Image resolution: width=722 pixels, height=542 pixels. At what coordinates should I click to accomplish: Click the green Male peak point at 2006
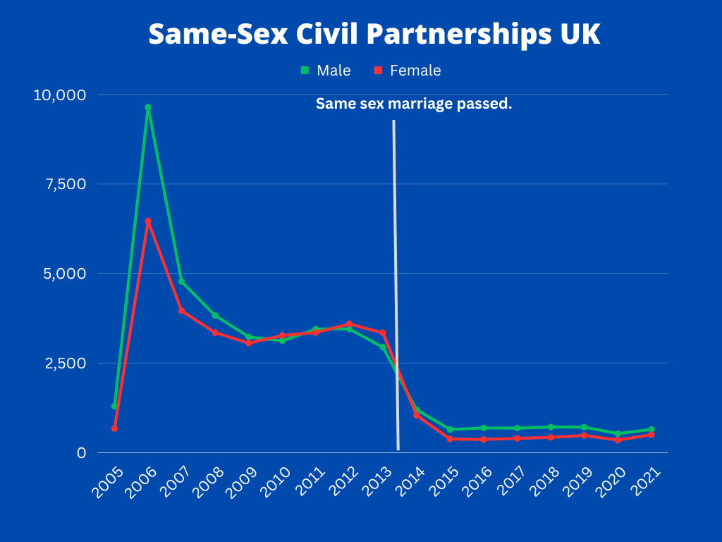(x=148, y=107)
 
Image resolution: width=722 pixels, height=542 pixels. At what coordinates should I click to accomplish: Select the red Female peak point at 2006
(x=148, y=222)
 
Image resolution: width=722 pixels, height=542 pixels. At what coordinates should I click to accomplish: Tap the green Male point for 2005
(x=114, y=406)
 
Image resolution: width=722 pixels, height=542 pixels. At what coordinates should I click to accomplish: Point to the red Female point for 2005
(x=114, y=428)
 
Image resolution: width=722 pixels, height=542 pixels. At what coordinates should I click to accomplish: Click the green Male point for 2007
(x=181, y=282)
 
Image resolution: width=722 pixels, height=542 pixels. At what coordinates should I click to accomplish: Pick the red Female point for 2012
(x=349, y=324)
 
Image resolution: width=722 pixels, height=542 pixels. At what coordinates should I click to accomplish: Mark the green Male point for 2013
(x=383, y=347)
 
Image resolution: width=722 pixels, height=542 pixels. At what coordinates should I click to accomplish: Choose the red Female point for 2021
(x=651, y=435)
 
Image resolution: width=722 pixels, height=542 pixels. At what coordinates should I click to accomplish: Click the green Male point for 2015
(x=450, y=430)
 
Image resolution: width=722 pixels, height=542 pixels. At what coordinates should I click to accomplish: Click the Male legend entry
(x=326, y=71)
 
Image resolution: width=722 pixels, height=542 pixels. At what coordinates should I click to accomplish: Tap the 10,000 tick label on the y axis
(x=60, y=95)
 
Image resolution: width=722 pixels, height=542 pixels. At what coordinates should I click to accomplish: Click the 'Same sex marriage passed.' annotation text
(x=414, y=104)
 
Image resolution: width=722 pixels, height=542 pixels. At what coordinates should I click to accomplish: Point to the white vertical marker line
(x=396, y=282)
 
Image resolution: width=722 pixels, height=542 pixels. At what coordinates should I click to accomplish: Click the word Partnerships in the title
(x=452, y=35)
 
